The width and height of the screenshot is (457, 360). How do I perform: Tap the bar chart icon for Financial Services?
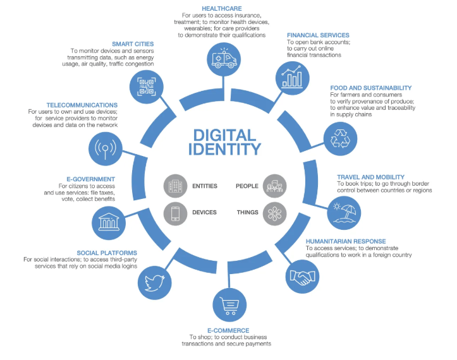tap(292, 76)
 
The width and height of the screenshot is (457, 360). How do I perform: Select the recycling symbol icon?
tap(340, 138)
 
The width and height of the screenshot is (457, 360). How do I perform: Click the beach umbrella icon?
tap(346, 212)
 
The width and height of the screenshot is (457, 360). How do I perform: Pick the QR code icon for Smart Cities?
tap(147, 85)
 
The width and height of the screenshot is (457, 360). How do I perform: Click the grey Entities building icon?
tap(175, 186)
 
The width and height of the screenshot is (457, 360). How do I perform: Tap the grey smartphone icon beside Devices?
tap(175, 213)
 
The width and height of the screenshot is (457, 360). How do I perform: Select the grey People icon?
tap(274, 186)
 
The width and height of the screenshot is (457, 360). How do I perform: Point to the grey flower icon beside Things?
tap(274, 213)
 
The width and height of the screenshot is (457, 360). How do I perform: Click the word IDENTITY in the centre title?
tap(224, 150)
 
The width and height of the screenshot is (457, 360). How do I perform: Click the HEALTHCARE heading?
tap(224, 7)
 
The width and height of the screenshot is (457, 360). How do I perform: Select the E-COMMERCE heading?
tap(229, 330)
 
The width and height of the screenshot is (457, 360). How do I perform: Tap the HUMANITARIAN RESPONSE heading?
tap(346, 241)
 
